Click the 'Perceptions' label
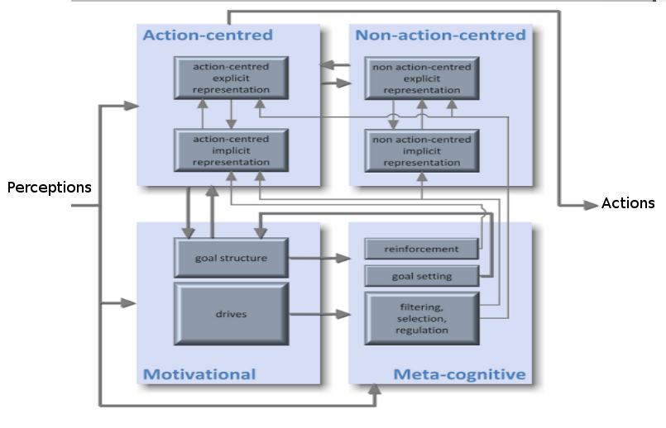click(x=50, y=188)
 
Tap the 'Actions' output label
click(x=628, y=203)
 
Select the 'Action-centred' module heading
click(x=208, y=35)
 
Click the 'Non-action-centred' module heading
click(x=440, y=35)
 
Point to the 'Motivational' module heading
click(x=199, y=374)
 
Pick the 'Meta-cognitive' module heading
click(x=459, y=374)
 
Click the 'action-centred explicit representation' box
click(x=231, y=78)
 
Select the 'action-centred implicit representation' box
click(x=231, y=150)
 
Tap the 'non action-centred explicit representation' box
click(x=422, y=78)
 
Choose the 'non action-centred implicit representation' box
click(x=422, y=151)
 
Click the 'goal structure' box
click(x=231, y=258)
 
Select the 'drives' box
click(x=232, y=314)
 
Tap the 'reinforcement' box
click(x=421, y=249)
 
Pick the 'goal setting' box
click(x=422, y=276)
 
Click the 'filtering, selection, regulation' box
click(x=422, y=319)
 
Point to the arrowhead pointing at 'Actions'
click(x=592, y=205)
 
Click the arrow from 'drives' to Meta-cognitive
click(x=320, y=314)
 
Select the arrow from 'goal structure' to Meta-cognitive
click(x=320, y=258)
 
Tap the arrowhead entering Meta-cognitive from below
click(x=374, y=389)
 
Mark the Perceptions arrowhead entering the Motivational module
click(x=128, y=303)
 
